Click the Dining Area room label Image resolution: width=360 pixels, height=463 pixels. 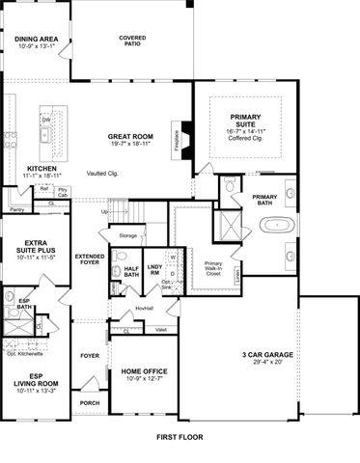click(x=36, y=40)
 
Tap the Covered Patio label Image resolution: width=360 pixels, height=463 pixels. click(x=132, y=41)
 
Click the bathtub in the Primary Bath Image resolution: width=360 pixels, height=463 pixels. click(x=278, y=229)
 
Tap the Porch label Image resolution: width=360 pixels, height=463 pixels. click(x=90, y=403)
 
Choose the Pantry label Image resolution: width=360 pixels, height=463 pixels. click(x=15, y=209)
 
